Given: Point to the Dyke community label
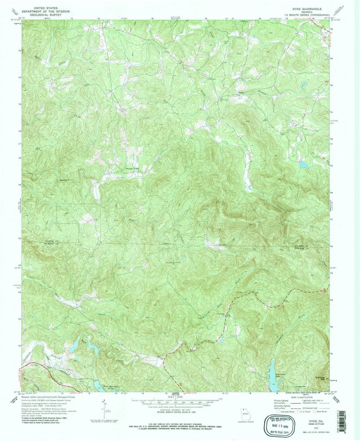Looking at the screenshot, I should [241, 93].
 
